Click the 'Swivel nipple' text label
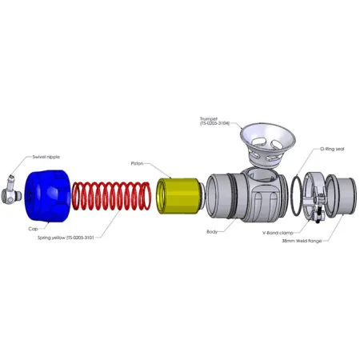click(x=46, y=157)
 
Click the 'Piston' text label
click(x=137, y=162)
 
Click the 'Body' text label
click(x=212, y=232)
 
